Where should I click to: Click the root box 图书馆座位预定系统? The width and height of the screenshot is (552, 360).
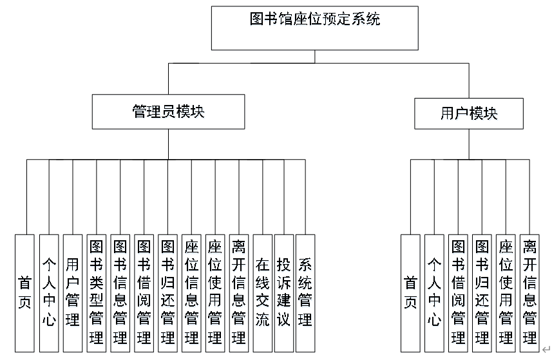tap(315, 28)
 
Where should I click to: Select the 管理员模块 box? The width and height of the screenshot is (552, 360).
tap(168, 111)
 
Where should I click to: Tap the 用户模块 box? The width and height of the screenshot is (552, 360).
tap(469, 113)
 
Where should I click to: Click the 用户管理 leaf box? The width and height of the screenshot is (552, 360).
tap(73, 293)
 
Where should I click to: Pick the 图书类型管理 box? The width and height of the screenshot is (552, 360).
tap(97, 293)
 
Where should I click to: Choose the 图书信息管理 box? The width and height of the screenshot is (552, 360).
tap(120, 293)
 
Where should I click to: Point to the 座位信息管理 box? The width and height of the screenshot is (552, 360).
tap(191, 293)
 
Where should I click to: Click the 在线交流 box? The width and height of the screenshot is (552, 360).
tap(263, 293)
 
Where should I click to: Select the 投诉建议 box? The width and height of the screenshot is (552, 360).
tap(284, 293)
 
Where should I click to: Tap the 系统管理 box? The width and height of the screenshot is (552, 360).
tap(305, 293)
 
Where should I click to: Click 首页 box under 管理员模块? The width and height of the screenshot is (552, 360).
tap(24, 293)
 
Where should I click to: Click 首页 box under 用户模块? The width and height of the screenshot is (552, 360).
tap(410, 293)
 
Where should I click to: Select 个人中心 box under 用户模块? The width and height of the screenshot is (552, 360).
tap(434, 293)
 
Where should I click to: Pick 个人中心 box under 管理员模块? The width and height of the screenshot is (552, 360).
tap(49, 293)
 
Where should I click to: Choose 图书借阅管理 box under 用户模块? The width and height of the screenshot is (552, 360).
tap(458, 293)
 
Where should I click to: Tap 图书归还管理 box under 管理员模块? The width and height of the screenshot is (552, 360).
tap(167, 293)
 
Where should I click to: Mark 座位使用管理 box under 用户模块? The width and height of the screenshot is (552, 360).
tap(506, 293)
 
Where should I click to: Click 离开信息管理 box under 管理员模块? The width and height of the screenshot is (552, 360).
tap(239, 293)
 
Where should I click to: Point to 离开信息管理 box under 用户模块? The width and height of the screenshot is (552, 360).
tap(529, 293)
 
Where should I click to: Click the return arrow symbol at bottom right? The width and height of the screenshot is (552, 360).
tap(546, 350)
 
